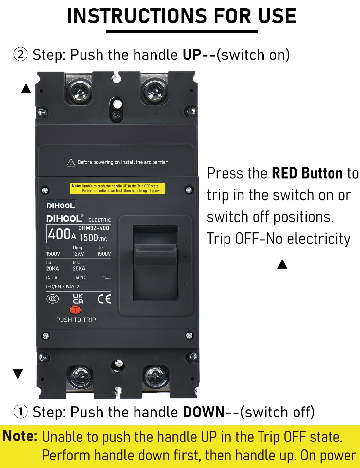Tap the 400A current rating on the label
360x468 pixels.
click(62, 234)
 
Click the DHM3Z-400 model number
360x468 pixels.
click(94, 228)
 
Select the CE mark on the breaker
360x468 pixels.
click(104, 299)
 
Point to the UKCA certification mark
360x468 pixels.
click(78, 298)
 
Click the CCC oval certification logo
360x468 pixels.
click(52, 299)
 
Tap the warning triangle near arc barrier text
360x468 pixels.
click(71, 162)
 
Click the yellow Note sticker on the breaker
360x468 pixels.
click(118, 188)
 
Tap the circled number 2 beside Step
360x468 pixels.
click(20, 54)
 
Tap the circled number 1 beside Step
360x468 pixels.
click(20, 412)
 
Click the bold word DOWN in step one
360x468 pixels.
click(204, 412)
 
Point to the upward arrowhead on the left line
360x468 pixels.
click(26, 88)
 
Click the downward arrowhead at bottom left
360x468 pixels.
click(18, 374)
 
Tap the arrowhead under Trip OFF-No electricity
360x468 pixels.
click(282, 264)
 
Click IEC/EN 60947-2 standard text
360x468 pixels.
click(63, 287)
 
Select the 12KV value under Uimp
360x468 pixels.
click(78, 254)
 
